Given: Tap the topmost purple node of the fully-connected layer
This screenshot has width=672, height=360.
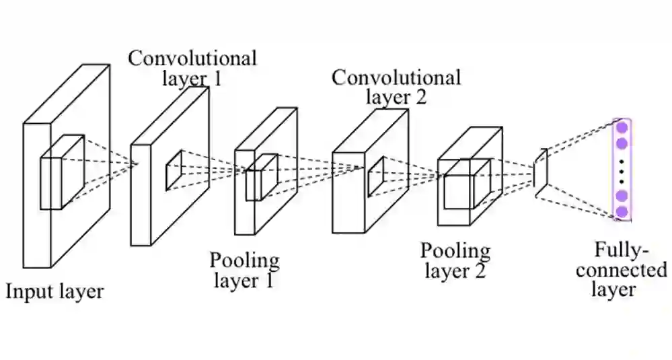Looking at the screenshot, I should (x=622, y=127).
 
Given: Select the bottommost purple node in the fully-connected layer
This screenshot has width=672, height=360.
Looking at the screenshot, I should (x=622, y=211).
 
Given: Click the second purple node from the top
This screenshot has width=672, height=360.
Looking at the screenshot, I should (x=622, y=143).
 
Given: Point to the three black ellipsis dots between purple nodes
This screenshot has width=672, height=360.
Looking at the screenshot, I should (x=622, y=170).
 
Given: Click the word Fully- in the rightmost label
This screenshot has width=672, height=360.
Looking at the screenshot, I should (x=622, y=251).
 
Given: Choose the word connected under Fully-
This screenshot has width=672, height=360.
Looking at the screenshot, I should (x=621, y=270).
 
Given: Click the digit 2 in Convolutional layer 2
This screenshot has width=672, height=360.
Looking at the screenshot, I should (x=419, y=97).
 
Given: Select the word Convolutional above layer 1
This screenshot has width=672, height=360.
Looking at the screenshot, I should (x=192, y=58).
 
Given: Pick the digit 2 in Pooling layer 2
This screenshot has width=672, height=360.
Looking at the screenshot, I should (x=479, y=271).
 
